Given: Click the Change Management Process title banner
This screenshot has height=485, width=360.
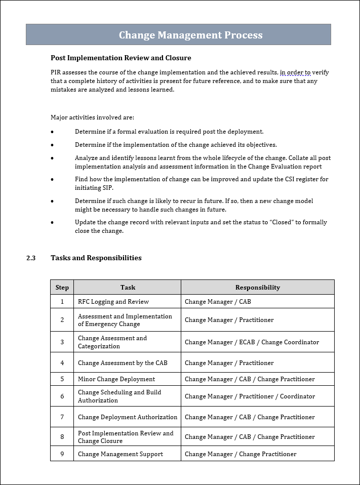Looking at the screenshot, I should pyautogui.click(x=190, y=35).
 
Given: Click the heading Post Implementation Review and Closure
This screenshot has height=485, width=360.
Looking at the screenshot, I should pyautogui.click(x=121, y=58).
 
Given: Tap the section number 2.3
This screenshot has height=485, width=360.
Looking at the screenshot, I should pyautogui.click(x=31, y=258).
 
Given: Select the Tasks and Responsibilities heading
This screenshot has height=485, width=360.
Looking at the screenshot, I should pyautogui.click(x=96, y=258).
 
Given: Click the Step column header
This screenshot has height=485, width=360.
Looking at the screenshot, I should pyautogui.click(x=62, y=287).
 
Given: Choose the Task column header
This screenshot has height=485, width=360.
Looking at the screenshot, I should pyautogui.click(x=128, y=287).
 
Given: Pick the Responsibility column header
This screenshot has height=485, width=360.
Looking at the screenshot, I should pyautogui.click(x=257, y=287).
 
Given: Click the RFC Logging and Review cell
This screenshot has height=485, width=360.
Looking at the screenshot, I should pyautogui.click(x=113, y=302).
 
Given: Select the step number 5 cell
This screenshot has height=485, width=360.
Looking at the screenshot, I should pyautogui.click(x=62, y=379).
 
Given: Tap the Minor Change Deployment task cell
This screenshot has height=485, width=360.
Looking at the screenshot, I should pyautogui.click(x=116, y=379).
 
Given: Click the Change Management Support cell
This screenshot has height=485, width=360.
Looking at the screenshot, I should pyautogui.click(x=121, y=454).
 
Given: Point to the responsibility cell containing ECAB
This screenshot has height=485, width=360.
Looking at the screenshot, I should pyautogui.click(x=252, y=342).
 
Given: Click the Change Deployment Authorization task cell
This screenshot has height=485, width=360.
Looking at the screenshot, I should pyautogui.click(x=128, y=417).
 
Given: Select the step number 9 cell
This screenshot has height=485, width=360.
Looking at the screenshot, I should pyautogui.click(x=62, y=454).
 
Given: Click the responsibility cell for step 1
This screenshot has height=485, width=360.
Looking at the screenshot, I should pyautogui.click(x=218, y=302).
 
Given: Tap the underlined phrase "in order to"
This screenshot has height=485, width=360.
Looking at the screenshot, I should pyautogui.click(x=295, y=72).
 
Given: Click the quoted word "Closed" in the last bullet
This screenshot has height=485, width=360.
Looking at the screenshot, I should pyautogui.click(x=275, y=222).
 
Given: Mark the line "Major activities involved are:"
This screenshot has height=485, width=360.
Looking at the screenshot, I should pyautogui.click(x=92, y=117).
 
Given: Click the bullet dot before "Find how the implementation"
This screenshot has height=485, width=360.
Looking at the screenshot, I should pyautogui.click(x=52, y=180).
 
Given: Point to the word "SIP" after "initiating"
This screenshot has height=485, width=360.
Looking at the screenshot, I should pyautogui.click(x=106, y=188).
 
